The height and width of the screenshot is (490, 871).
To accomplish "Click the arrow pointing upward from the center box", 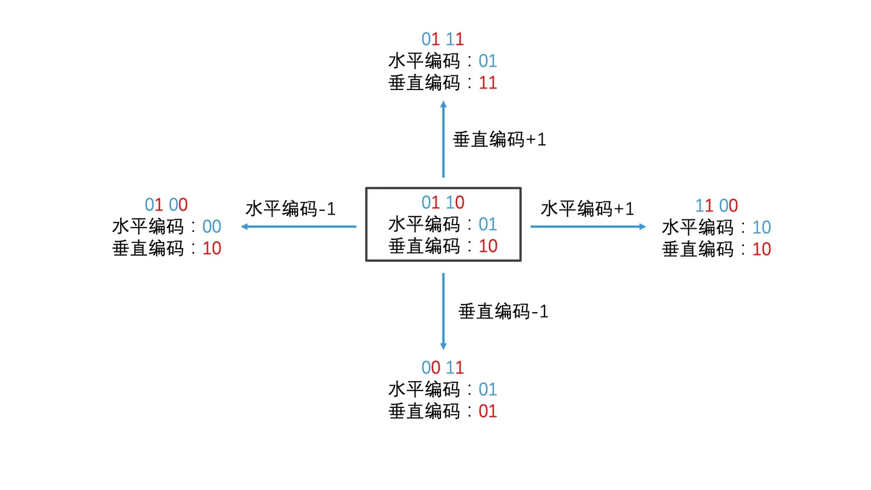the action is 444,140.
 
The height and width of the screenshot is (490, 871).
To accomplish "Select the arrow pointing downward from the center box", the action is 444,311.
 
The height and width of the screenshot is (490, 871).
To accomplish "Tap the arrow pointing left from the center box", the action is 299,226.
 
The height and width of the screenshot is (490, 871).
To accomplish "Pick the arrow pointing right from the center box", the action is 588,226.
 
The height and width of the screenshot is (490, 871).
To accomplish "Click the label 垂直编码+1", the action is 500,140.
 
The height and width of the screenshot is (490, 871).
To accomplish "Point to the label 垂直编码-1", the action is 503,311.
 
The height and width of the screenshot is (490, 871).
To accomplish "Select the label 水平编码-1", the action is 291,208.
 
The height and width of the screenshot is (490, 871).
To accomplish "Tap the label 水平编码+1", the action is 587,208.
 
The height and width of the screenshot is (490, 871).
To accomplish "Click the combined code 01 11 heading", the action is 443,39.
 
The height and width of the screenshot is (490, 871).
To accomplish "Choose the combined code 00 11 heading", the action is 443,367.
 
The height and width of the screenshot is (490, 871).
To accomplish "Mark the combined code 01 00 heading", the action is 166,205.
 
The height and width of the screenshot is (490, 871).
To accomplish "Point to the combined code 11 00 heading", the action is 716,206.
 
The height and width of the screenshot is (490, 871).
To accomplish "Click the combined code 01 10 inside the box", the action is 443,202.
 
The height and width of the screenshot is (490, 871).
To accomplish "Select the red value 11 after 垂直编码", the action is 488,83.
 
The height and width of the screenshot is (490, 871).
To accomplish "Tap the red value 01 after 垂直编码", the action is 488,411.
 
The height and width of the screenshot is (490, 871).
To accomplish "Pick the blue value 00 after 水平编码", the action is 212,227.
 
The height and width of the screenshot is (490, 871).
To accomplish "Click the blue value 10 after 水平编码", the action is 762,228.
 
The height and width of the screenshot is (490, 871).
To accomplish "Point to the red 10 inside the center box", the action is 488,246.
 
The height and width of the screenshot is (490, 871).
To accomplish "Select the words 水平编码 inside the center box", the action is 424,224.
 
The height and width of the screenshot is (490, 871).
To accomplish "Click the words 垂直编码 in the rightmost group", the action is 698,249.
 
